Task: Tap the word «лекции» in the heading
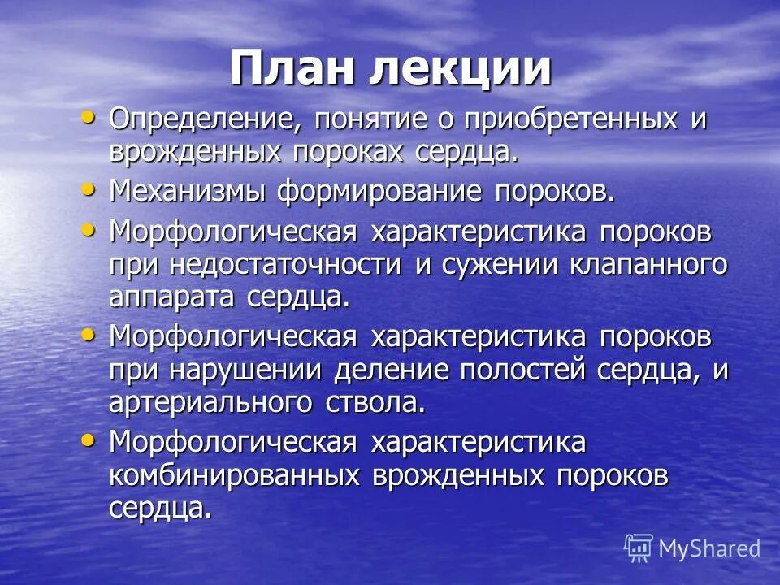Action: point(461,70)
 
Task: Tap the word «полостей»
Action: point(524,370)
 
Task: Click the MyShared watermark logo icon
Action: point(639,548)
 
